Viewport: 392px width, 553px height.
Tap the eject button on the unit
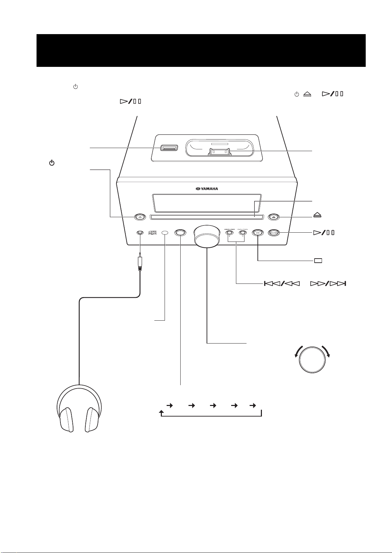pos(274,217)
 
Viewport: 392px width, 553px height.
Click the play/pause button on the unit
pos(274,233)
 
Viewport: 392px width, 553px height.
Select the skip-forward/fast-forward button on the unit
pos(243,232)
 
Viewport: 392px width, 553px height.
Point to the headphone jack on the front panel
pos(140,233)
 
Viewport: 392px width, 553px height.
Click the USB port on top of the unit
pos(169,148)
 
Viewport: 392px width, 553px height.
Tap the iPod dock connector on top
pos(219,152)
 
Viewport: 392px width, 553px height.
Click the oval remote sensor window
pos(165,233)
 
